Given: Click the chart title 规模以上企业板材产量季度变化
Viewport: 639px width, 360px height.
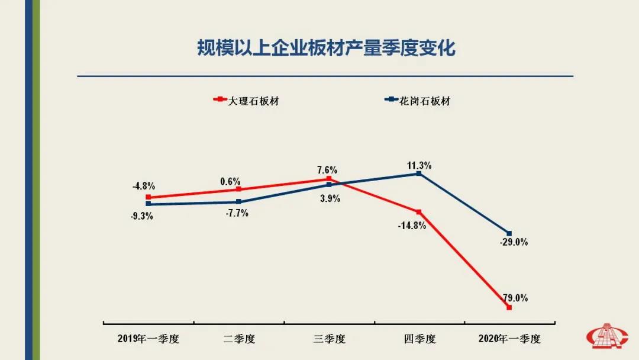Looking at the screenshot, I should point(326,48).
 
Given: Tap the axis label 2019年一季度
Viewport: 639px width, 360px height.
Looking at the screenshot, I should point(148,339).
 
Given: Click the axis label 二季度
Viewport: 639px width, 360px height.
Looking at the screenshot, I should point(239,339).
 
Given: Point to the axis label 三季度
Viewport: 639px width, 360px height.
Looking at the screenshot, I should point(329,339).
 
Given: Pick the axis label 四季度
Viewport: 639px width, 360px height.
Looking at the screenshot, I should point(419,339).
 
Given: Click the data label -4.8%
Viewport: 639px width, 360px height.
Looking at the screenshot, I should point(144,186).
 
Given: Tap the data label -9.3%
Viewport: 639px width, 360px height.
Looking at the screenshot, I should point(142,216).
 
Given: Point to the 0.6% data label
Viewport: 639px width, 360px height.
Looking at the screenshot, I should point(230,182).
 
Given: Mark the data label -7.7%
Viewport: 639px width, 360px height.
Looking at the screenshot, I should point(237,213).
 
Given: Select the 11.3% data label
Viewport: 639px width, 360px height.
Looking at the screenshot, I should point(419,166).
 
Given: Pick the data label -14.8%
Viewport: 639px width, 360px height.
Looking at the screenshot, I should point(412,225).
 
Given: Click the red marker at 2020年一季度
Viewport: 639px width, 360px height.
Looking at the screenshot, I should point(509,307).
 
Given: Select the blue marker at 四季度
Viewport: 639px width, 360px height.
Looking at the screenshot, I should point(419,173).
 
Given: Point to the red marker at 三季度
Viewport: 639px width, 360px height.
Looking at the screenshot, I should point(329,179).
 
